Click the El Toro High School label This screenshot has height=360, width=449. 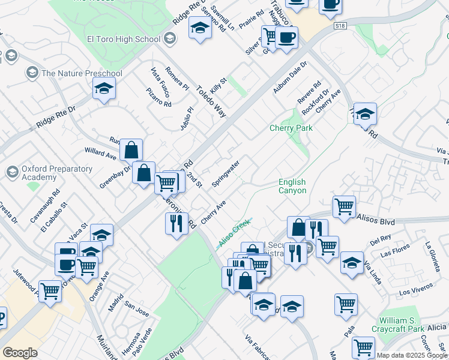[x=123, y=40]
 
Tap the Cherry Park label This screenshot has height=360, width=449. [x=291, y=128]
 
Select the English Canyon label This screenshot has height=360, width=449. [x=292, y=186]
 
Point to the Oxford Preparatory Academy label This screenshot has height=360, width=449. [x=57, y=173]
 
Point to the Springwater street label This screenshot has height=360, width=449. [x=226, y=173]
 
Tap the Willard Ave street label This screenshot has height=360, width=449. [x=100, y=154]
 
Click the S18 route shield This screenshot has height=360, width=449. [x=340, y=26]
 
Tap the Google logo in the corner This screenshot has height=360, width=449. [x=20, y=353]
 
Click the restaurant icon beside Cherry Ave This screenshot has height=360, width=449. [x=176, y=223]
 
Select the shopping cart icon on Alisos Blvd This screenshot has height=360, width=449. [x=344, y=206]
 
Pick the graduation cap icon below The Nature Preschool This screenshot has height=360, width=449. [x=104, y=89]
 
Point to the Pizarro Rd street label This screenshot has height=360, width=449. [x=158, y=95]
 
